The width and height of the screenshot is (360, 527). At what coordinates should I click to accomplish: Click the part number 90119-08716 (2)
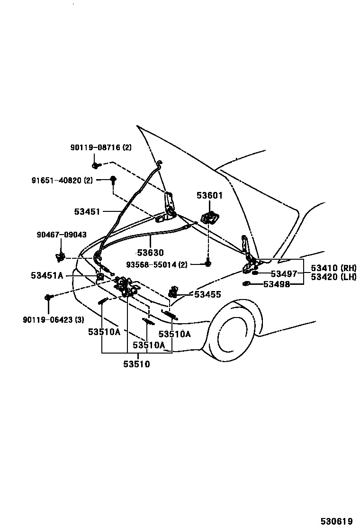(x=101, y=147)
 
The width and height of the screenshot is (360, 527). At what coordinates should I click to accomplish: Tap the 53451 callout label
(x=87, y=211)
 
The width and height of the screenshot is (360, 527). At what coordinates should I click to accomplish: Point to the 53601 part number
(x=209, y=196)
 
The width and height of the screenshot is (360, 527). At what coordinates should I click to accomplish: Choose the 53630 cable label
(x=150, y=253)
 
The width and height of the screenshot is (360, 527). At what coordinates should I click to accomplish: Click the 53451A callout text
(x=47, y=275)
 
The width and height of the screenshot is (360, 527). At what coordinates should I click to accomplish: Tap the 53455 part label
(x=207, y=294)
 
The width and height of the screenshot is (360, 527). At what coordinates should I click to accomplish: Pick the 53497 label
(x=284, y=273)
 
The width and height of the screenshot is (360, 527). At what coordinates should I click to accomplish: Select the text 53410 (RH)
(x=333, y=268)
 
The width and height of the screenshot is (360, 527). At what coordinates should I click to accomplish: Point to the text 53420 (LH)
(x=333, y=277)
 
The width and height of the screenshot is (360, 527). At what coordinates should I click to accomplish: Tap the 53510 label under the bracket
(x=137, y=364)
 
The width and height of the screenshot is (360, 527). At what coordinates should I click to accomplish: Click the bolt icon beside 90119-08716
(x=96, y=165)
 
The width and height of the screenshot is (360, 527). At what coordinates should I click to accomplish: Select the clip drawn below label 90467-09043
(x=61, y=256)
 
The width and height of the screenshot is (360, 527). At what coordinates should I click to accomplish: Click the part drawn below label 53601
(x=209, y=218)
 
